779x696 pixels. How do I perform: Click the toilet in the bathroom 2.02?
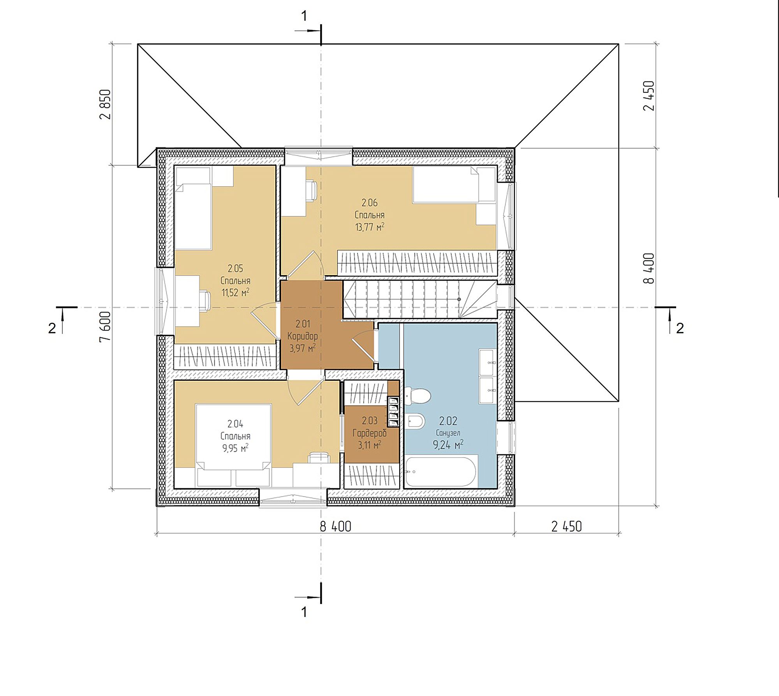pos(418,396)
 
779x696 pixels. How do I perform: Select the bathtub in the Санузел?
pos(441,471)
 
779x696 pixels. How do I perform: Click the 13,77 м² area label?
pos(369,227)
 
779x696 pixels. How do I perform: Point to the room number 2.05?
pos(235,269)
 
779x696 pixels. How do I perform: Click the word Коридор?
pos(303,336)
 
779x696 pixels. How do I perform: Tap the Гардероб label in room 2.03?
pos(369,433)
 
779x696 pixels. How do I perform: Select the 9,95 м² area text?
pos(235,448)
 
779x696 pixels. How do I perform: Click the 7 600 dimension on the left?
pos(106,327)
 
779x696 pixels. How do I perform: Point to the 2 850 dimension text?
pos(106,104)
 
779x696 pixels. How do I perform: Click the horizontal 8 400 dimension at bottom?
pos(335,526)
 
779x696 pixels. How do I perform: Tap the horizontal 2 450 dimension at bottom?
pos(566,526)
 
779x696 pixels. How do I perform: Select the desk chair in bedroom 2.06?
pos(311,191)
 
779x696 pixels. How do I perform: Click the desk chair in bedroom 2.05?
pos(204,300)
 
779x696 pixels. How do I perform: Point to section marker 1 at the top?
pos(304,16)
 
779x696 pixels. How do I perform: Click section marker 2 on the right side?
pos(680,328)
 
